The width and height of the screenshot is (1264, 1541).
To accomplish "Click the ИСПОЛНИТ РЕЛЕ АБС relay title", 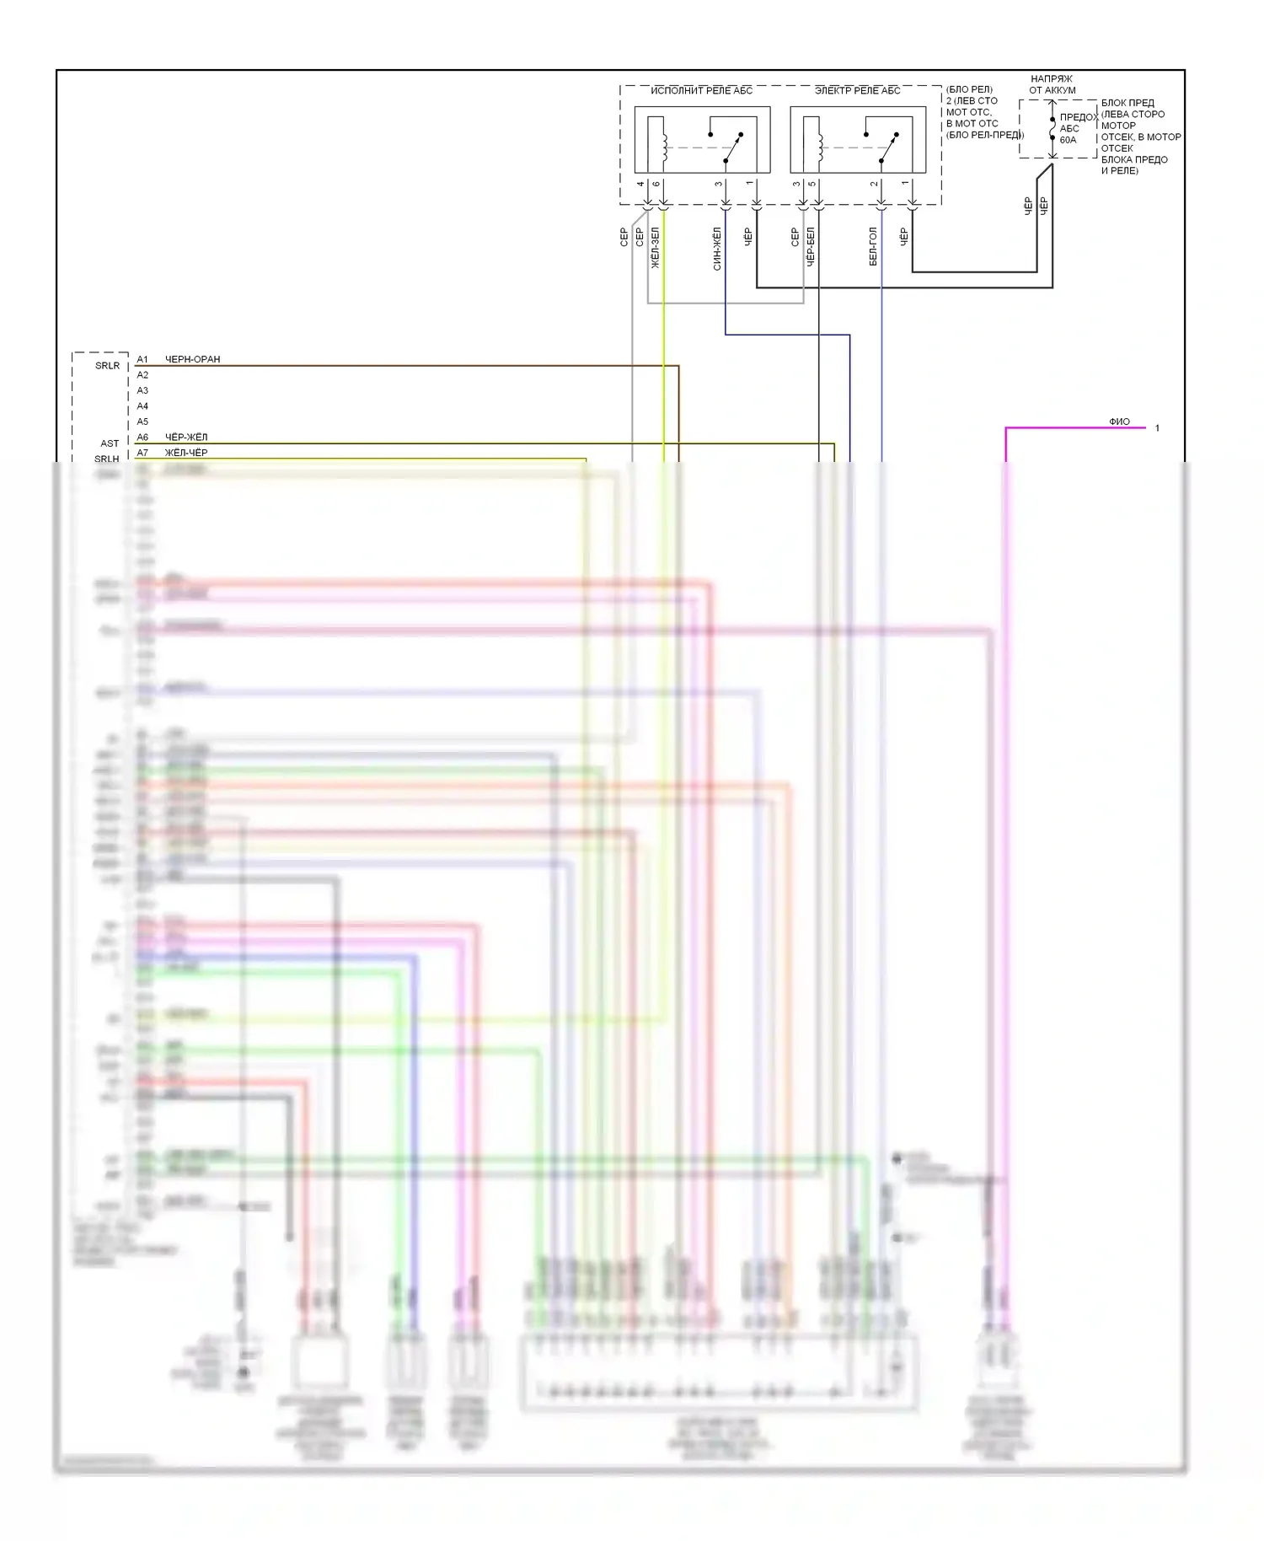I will pos(701,90).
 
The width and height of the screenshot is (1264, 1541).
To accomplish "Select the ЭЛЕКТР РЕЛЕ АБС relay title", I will pos(857,90).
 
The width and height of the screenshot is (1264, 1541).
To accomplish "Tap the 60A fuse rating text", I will pos(1068,140).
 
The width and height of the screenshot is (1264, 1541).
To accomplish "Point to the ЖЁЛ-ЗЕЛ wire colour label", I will pos(656,248).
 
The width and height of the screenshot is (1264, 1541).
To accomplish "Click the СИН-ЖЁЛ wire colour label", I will pos(717,248).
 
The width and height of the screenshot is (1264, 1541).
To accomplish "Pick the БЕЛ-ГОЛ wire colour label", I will pos(873,246).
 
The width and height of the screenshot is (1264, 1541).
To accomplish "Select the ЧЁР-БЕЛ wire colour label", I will pos(811,246).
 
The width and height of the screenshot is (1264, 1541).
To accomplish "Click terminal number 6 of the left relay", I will pos(656,184).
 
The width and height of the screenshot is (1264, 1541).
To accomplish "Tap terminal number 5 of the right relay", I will pos(812,184).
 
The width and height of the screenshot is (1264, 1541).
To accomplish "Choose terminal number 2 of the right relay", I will pos(875,184).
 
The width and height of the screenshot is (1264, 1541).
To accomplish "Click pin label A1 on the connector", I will pos(142,360).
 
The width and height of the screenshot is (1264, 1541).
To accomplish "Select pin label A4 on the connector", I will pos(142,406).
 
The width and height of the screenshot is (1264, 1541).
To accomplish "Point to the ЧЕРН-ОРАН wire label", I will pos(192,359).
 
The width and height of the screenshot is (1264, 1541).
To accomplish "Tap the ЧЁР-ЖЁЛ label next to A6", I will pos(186,438).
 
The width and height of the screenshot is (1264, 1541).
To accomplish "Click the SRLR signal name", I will pos(107,366).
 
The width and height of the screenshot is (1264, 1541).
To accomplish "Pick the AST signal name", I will pos(110,443).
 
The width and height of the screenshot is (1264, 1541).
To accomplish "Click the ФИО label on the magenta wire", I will pos(1119,421).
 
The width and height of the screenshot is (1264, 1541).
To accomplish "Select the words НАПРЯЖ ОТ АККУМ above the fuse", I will pos(1052,84).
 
